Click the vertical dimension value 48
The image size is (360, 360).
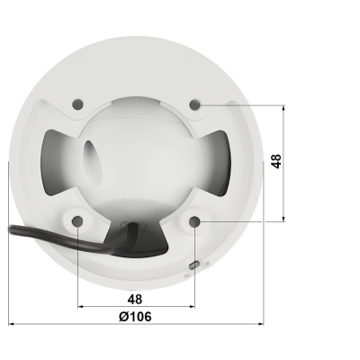point(276,162)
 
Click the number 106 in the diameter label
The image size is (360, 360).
point(142,315)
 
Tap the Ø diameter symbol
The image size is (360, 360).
point(121,315)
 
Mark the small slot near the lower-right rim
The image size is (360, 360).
point(195,264)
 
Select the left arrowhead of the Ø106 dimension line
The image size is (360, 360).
point(12,325)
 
